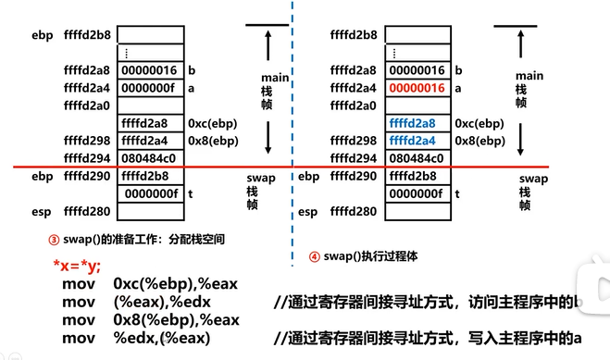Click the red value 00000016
(417, 88)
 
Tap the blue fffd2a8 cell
(414, 123)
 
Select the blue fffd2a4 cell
(414, 141)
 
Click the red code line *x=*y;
(77, 267)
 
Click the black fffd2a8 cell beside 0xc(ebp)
(148, 123)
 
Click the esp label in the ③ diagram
(42, 211)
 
